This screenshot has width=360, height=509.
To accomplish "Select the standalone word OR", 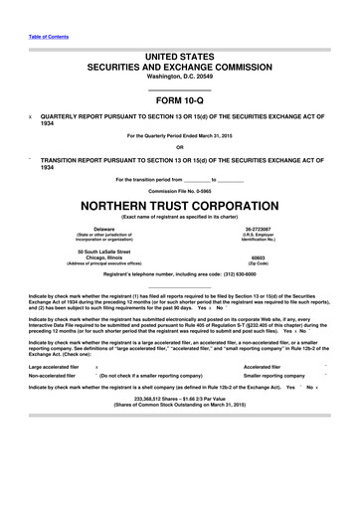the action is pyautogui.click(x=179, y=149).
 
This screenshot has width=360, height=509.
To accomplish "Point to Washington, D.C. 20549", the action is pyautogui.click(x=179, y=84).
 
